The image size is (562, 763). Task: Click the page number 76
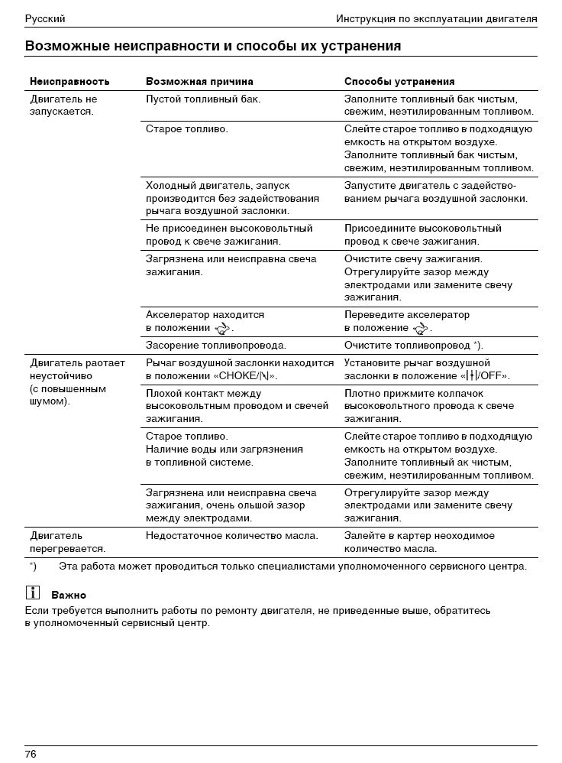tap(31, 754)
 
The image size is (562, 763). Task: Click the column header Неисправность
tap(69, 81)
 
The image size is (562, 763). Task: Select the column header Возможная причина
tap(199, 81)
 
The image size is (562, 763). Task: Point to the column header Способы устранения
tap(399, 81)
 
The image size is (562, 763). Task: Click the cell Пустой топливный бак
tap(203, 99)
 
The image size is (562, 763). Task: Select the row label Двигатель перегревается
tap(67, 542)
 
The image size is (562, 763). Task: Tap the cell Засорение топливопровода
tap(216, 346)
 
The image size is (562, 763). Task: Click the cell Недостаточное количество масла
tap(232, 536)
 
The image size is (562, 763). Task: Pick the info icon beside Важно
tap(33, 592)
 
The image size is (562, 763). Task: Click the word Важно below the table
tap(69, 595)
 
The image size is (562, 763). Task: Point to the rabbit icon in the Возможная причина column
tap(222, 329)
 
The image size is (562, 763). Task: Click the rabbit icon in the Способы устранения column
tap(421, 329)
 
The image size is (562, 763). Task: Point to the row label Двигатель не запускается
tap(63, 106)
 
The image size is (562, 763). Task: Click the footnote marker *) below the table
tap(33, 567)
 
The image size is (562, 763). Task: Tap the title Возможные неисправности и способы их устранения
tap(213, 46)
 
